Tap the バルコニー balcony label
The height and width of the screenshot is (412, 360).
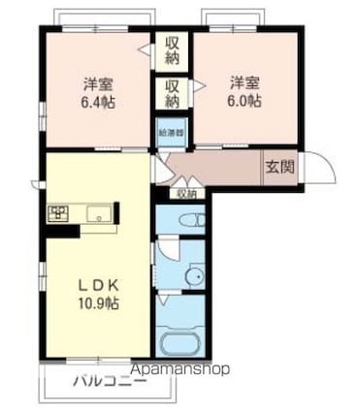pos(110,381)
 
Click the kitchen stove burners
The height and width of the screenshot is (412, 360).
pos(56,213)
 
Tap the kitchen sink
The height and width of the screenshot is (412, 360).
pos(99,213)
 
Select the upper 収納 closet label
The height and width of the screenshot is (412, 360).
pos(172,48)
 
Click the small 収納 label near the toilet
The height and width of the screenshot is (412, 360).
pos(185,193)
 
